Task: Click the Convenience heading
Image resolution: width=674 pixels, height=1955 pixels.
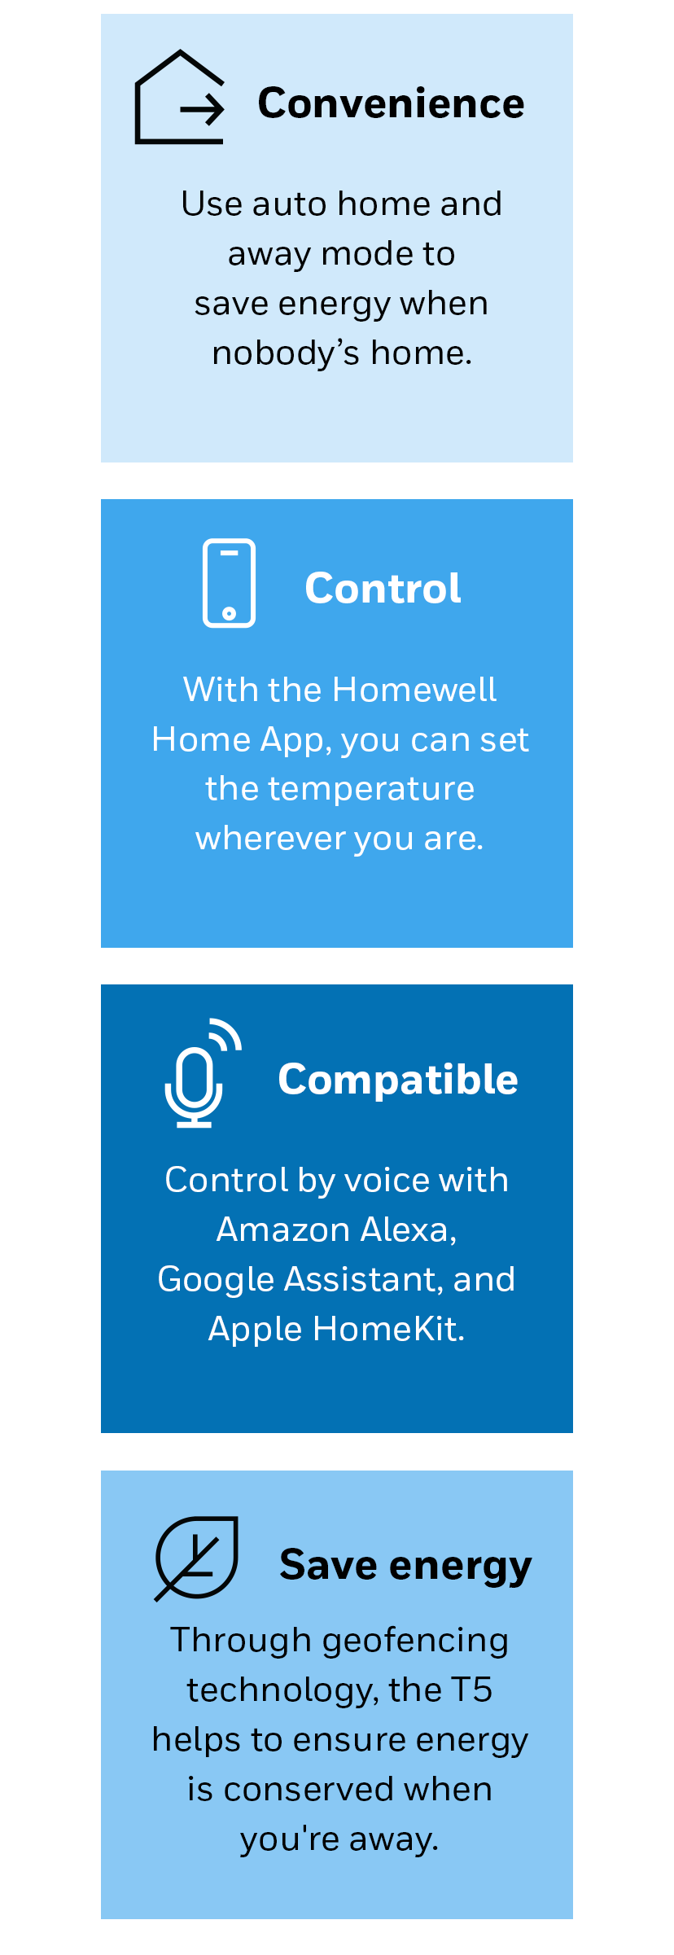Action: click(x=391, y=103)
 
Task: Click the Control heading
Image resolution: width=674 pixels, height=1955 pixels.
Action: click(x=383, y=588)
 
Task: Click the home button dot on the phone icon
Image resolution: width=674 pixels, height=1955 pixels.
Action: click(x=229, y=613)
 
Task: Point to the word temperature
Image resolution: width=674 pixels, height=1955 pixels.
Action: click(x=371, y=789)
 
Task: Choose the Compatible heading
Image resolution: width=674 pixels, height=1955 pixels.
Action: click(x=398, y=1080)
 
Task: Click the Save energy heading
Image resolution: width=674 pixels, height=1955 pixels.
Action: click(x=405, y=1566)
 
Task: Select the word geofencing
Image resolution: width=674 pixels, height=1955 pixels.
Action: click(x=416, y=1641)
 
